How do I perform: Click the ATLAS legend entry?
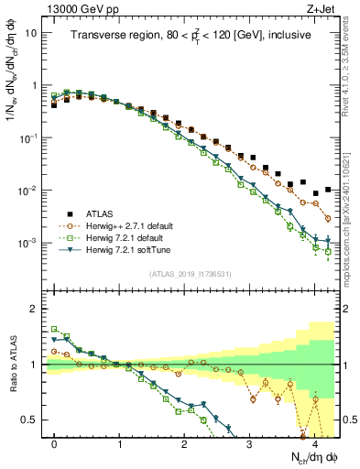(x=106, y=213)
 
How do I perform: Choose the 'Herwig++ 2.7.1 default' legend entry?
(x=135, y=224)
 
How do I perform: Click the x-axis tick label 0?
(x=55, y=442)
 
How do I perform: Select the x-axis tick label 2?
(x=185, y=442)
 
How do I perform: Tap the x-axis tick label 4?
(x=315, y=442)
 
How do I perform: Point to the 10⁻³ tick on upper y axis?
(x=30, y=244)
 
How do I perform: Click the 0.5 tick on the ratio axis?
(x=32, y=420)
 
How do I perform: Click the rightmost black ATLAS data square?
(x=328, y=190)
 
